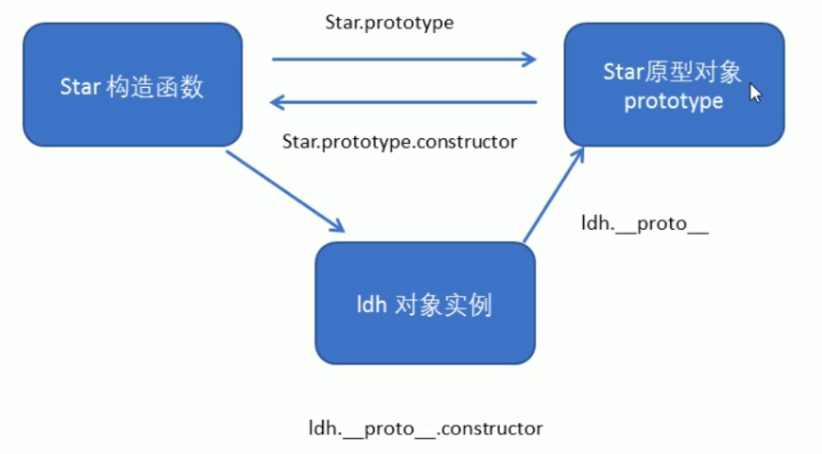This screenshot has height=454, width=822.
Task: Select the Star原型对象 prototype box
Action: pyautogui.click(x=674, y=84)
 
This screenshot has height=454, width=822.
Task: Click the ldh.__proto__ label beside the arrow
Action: pyautogui.click(x=645, y=222)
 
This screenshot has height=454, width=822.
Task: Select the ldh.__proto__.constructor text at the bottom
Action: pyautogui.click(x=426, y=427)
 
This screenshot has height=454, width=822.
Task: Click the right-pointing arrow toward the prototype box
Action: pyautogui.click(x=403, y=60)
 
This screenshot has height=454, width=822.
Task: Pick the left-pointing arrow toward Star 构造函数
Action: pyautogui.click(x=403, y=103)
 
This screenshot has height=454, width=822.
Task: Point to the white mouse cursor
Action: pyautogui.click(x=755, y=93)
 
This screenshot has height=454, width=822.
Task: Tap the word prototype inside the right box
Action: pyautogui.click(x=674, y=101)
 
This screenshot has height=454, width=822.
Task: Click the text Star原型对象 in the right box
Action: pyautogui.click(x=674, y=71)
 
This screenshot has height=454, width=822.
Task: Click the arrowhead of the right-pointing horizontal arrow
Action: pyautogui.click(x=528, y=60)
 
